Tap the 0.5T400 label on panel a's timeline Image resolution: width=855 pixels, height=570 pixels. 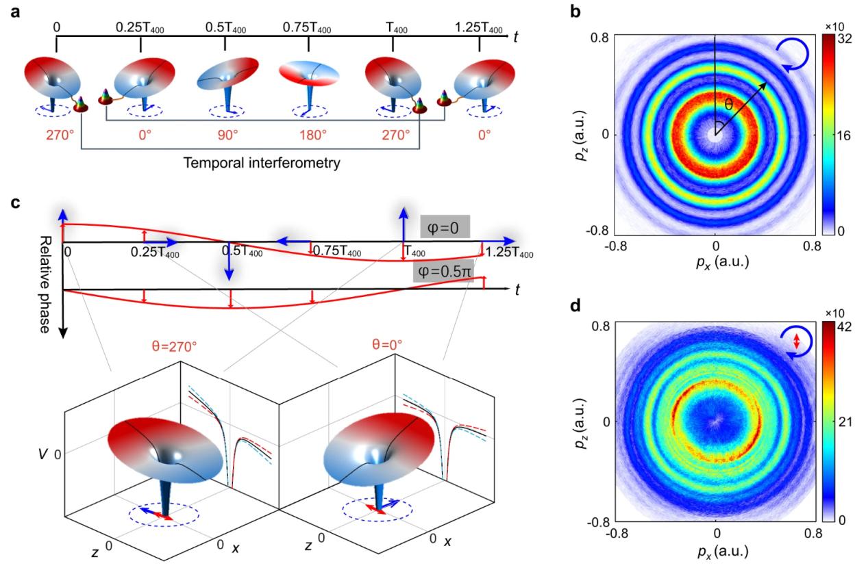pos(225,28)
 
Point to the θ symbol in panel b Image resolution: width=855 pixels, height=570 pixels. pos(730,104)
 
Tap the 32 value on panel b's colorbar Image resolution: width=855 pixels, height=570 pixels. pos(843,40)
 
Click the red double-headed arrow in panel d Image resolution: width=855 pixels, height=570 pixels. pos(795,343)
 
